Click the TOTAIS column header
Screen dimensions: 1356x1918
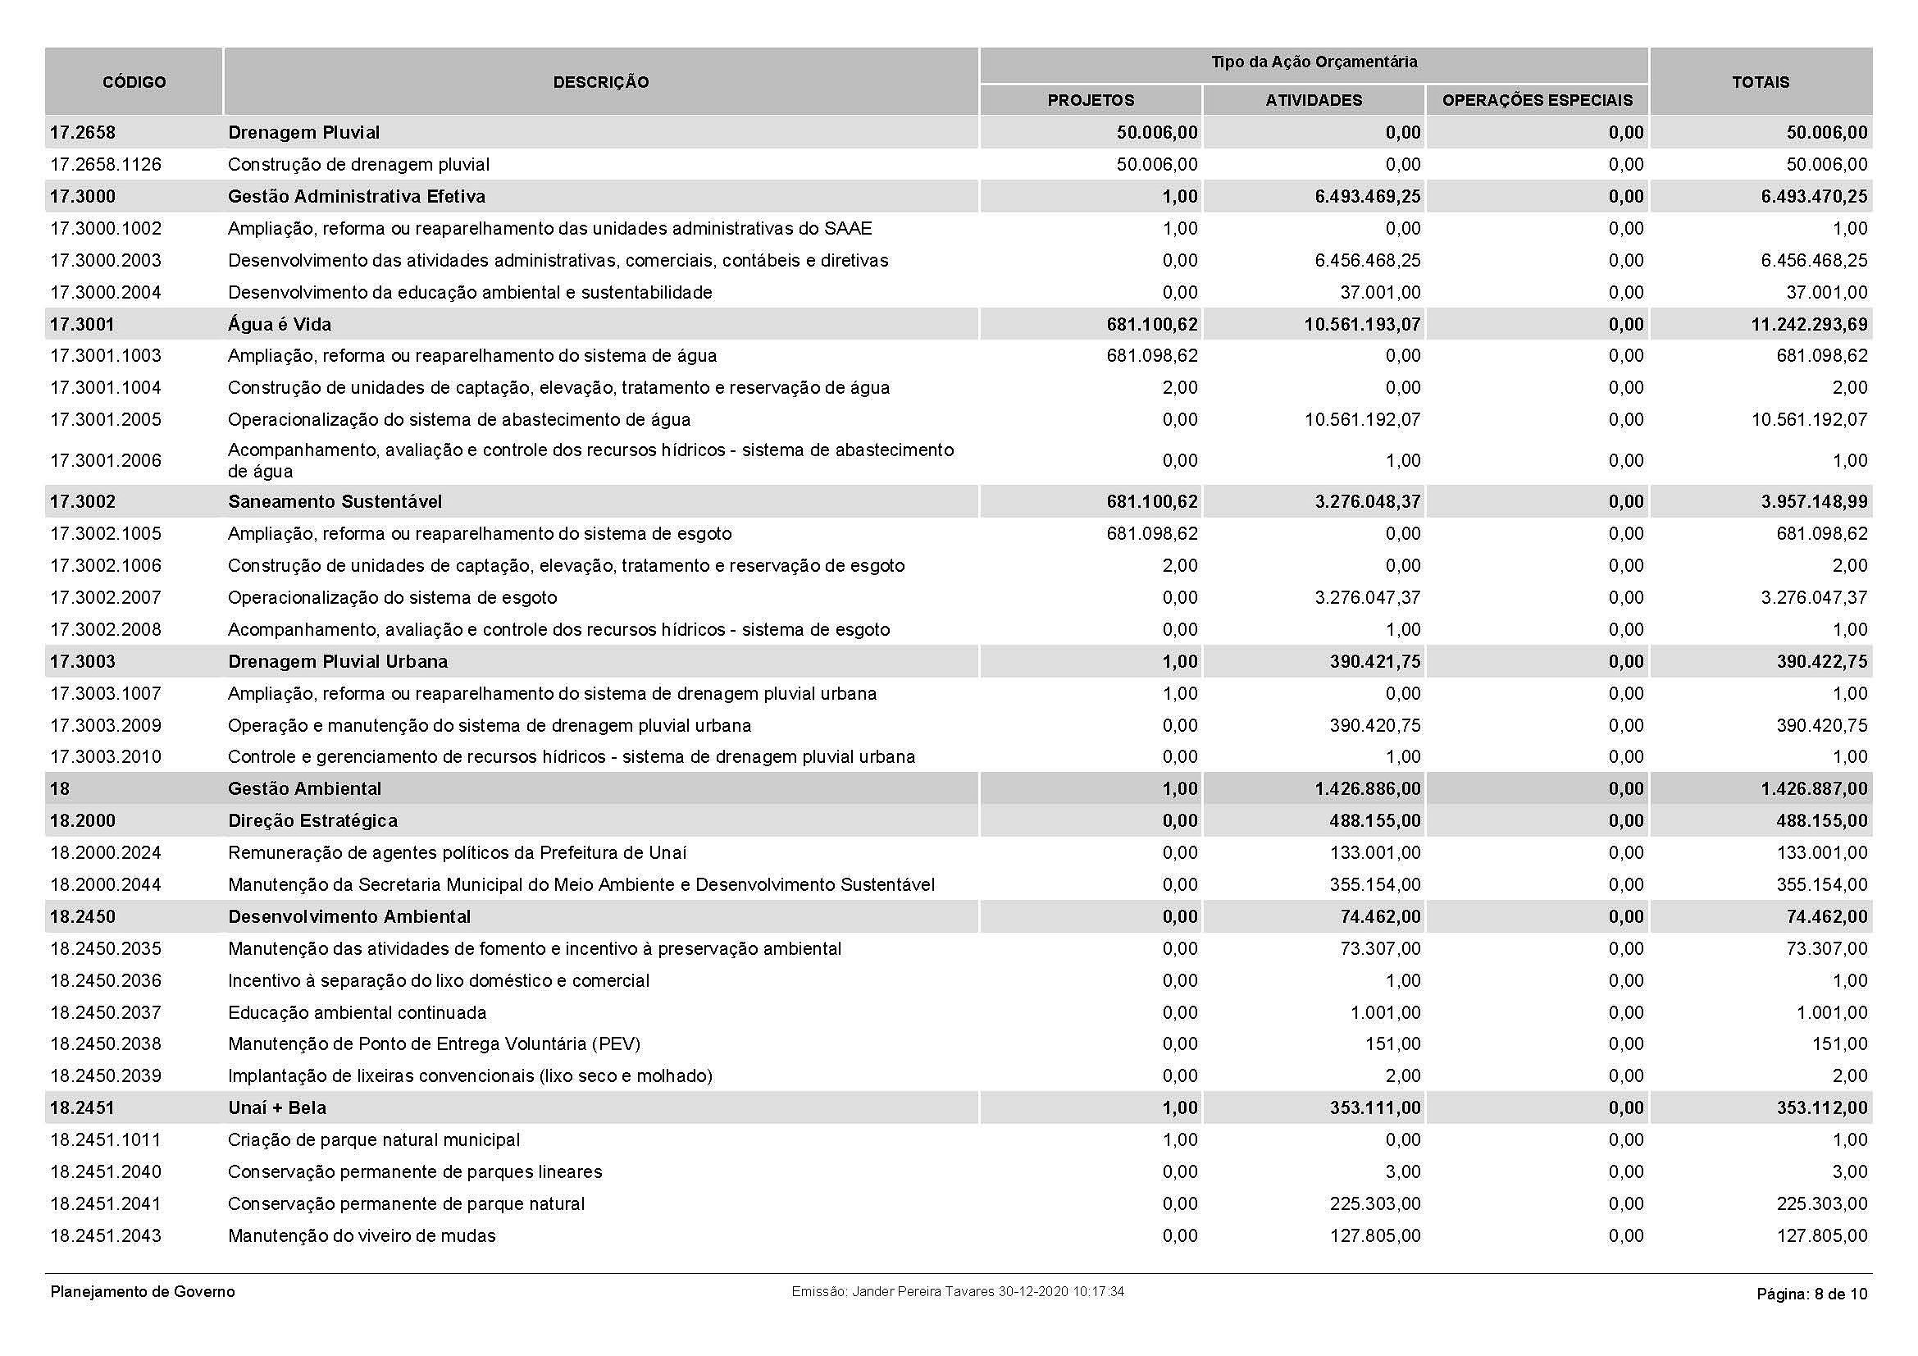1760,82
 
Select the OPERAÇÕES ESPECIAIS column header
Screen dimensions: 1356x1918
1537,100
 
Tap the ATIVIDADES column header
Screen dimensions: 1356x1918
1313,100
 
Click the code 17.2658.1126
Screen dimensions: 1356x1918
106,165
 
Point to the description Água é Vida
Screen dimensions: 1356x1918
280,324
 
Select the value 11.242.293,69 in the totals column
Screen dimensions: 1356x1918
1810,324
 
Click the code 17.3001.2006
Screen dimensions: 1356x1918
106,460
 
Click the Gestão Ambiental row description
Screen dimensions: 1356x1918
305,788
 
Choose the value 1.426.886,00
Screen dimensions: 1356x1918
1368,788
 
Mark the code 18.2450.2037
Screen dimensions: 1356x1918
106,1012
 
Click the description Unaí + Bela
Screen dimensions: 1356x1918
277,1108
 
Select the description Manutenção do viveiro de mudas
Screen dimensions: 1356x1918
362,1235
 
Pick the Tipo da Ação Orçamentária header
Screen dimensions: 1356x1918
1314,62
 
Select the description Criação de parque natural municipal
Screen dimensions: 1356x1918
374,1139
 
